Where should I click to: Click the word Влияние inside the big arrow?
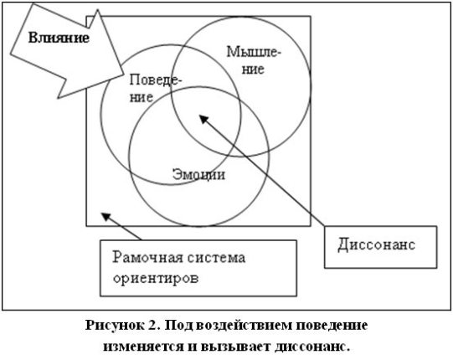click(x=59, y=38)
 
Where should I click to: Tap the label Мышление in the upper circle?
click(x=254, y=60)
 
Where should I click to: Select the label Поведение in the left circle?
click(x=155, y=89)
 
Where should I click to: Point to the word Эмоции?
click(x=198, y=174)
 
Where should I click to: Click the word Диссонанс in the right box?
click(x=377, y=244)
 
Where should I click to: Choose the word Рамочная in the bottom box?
click(x=147, y=257)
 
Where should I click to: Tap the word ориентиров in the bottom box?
click(x=156, y=278)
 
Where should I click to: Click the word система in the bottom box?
click(x=216, y=257)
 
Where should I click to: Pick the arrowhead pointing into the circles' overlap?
click(x=203, y=119)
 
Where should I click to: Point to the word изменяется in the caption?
click(x=143, y=346)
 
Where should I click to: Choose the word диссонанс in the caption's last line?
click(x=312, y=346)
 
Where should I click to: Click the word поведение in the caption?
click(x=332, y=326)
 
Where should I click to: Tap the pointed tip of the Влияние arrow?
click(x=124, y=75)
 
